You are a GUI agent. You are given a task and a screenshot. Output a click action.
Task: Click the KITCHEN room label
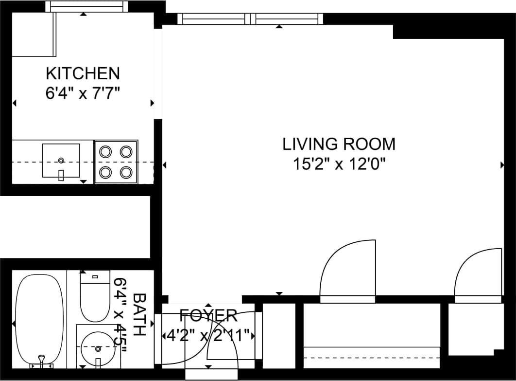tap(83, 73)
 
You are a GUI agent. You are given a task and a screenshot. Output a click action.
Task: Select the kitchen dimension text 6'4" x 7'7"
tap(83, 92)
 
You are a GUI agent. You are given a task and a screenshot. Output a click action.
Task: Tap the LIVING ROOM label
tap(339, 144)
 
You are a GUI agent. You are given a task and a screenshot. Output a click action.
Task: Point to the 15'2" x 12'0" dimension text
tap(339, 164)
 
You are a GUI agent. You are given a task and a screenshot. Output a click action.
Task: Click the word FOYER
tap(208, 316)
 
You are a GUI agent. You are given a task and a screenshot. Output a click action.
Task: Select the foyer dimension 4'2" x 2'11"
tap(208, 335)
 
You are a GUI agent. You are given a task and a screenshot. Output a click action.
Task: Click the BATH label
tap(139, 314)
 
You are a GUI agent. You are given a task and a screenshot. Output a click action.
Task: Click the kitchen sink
tap(61, 160)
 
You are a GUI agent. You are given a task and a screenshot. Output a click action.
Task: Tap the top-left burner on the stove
tap(105, 151)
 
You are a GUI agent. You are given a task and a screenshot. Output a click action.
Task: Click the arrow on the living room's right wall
tap(502, 165)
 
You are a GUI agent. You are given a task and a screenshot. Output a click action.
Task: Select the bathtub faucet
tap(42, 361)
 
